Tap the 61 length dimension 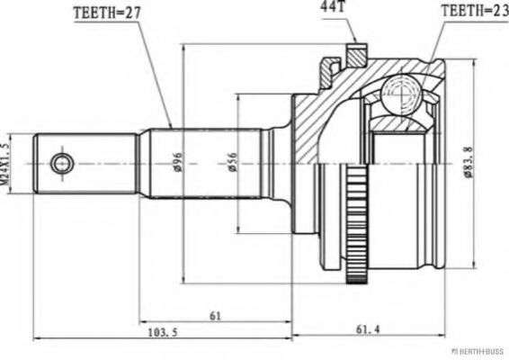[216, 316]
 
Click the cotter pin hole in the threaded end [61, 164]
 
